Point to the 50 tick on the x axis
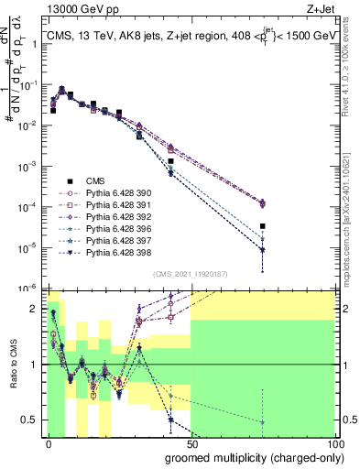[191, 443]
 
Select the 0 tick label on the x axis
[49, 443]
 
